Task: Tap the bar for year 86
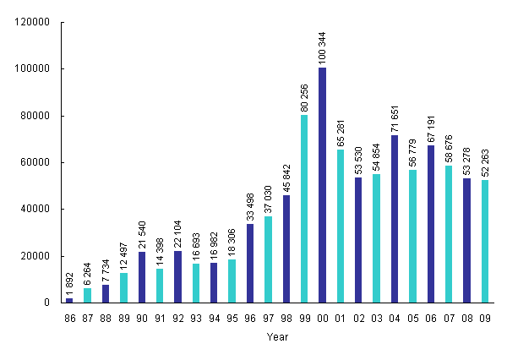point(69,300)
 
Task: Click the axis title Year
point(277,337)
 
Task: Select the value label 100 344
point(323,45)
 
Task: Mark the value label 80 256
point(305,95)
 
